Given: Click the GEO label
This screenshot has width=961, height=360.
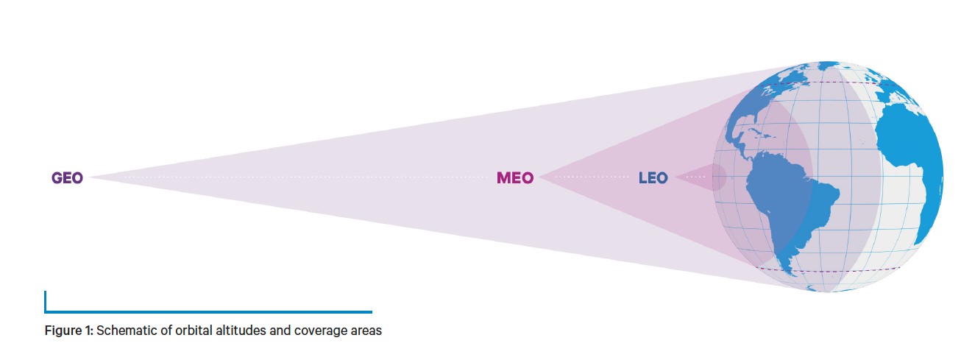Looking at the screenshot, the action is (x=68, y=177).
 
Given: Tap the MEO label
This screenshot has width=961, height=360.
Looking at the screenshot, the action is (x=515, y=177).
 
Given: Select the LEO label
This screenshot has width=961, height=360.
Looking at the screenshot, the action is (x=653, y=177).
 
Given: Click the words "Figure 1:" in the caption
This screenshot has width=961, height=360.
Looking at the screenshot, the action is (x=68, y=331).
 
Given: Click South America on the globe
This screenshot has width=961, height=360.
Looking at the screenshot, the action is (x=790, y=206).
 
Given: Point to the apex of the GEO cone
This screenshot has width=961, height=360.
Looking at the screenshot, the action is (x=89, y=177).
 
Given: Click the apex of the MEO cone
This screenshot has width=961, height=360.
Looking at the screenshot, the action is (x=539, y=177).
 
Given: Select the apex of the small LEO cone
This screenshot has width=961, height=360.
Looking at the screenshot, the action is (x=675, y=177).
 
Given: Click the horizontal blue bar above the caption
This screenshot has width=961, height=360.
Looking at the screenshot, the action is (x=208, y=312).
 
